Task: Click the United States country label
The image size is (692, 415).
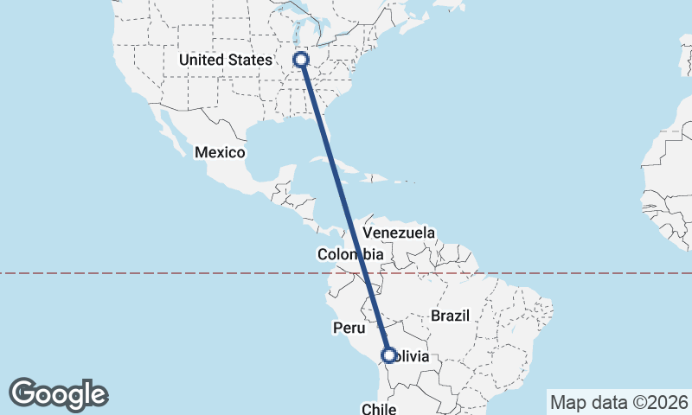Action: (224, 60)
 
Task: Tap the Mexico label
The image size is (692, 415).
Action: (220, 152)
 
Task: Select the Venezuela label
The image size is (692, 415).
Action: (399, 233)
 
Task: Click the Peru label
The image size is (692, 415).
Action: (350, 328)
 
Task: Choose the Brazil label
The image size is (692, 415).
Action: (450, 316)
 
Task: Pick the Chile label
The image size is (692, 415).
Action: (379, 408)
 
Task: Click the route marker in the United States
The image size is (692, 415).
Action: (301, 60)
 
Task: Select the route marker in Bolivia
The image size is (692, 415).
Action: (388, 354)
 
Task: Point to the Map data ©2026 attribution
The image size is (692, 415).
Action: (618, 402)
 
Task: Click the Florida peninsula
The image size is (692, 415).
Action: (334, 130)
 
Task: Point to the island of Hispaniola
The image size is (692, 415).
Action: (375, 178)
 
